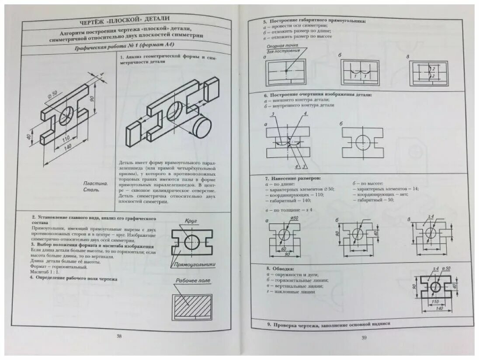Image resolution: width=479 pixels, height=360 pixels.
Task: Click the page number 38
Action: tap(119, 336)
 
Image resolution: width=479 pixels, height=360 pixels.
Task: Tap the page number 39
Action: tap(364, 337)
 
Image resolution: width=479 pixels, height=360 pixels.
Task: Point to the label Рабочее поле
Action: tap(193, 280)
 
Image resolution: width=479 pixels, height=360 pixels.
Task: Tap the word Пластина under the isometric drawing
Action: tap(94, 183)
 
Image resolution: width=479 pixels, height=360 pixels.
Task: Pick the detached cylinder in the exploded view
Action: tap(201, 128)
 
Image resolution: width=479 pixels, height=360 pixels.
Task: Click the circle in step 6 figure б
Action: tap(362, 142)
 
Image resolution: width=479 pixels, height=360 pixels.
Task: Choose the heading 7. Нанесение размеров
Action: tap(293, 179)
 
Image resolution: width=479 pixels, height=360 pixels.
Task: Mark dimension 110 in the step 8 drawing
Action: tap(434, 301)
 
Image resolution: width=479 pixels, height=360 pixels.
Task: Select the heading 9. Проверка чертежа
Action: tap(328, 325)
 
